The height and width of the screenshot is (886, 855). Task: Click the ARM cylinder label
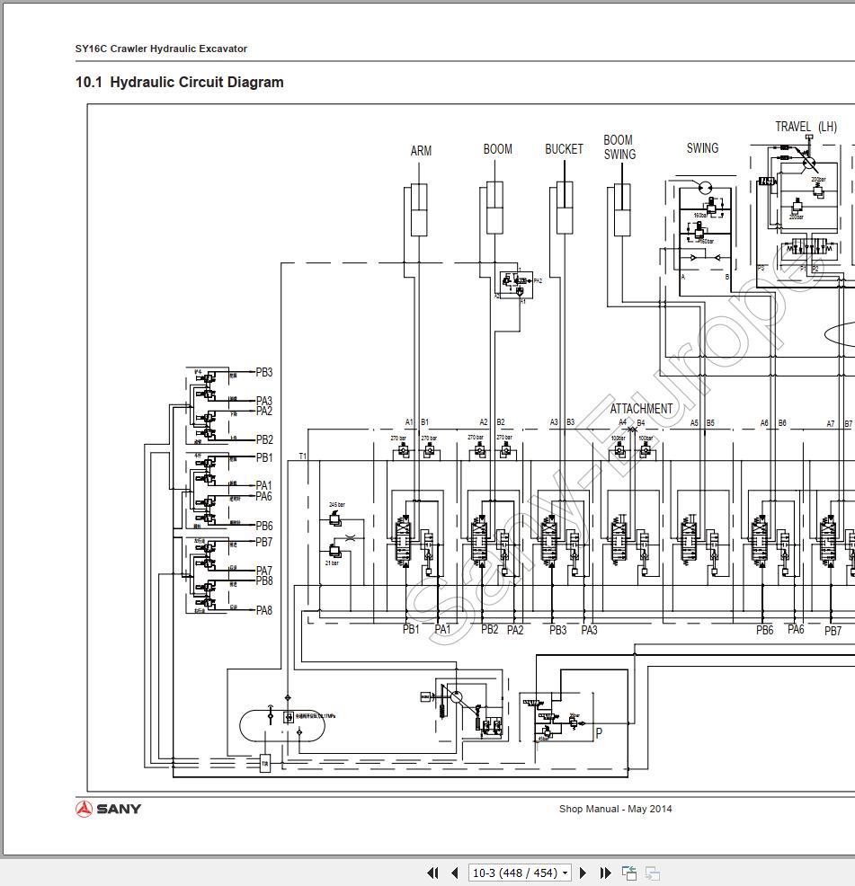click(421, 151)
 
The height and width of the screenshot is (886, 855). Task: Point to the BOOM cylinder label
click(497, 149)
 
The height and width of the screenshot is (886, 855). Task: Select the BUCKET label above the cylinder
click(564, 149)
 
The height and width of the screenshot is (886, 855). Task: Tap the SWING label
click(702, 148)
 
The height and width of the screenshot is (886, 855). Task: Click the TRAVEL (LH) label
click(806, 127)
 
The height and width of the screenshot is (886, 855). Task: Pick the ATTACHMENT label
click(641, 409)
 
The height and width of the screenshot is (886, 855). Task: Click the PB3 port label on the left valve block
click(263, 372)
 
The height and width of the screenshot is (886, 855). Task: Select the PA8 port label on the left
click(263, 610)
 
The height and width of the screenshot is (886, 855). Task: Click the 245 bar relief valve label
click(337, 505)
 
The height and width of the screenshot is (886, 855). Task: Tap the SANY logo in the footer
click(109, 809)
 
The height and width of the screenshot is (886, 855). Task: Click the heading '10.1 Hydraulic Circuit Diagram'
click(179, 83)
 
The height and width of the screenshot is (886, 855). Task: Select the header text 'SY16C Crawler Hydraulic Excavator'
click(161, 49)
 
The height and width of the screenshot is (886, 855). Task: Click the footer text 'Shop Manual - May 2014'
click(615, 809)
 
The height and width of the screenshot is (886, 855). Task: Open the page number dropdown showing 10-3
click(520, 873)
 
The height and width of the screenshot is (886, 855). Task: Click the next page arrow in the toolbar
click(583, 873)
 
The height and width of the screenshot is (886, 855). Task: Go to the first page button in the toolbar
click(432, 873)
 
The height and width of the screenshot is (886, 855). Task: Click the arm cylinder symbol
click(419, 210)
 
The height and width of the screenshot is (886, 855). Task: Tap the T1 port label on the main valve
click(303, 456)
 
